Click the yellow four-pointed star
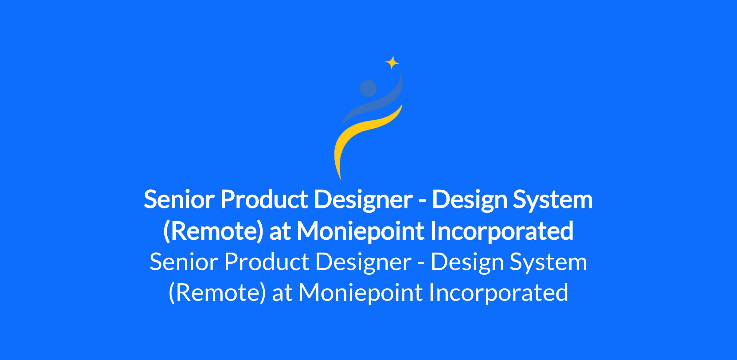click(x=392, y=63)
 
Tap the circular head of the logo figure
click(x=368, y=88)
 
